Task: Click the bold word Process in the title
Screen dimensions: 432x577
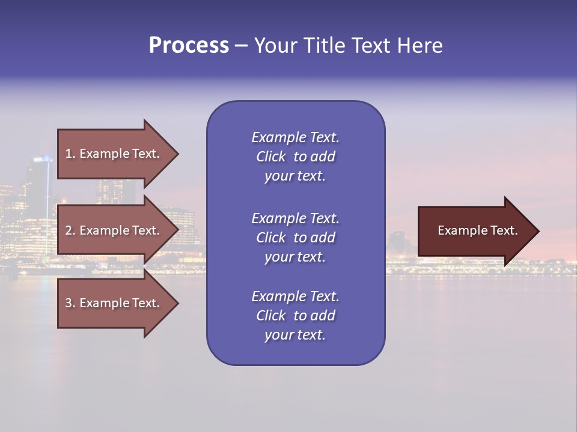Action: tap(189, 46)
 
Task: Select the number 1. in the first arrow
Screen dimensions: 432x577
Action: tap(70, 154)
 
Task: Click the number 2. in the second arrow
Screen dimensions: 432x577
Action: tap(70, 230)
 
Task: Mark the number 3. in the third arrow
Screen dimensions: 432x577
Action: tap(70, 303)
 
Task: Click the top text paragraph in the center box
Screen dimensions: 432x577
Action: tap(295, 157)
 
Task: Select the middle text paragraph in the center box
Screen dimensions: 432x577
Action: tap(295, 238)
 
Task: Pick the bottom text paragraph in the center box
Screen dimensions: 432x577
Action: tap(295, 316)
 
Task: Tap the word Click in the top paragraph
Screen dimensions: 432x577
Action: tap(271, 157)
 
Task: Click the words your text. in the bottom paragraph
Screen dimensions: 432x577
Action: tap(295, 335)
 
